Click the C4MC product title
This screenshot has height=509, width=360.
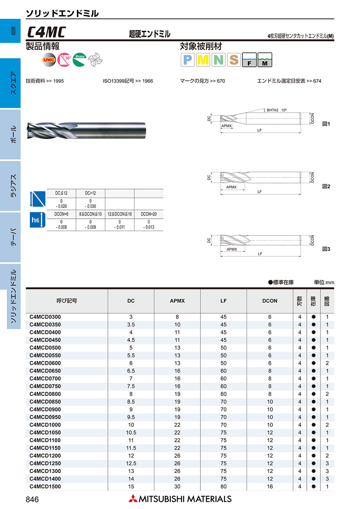[47, 32]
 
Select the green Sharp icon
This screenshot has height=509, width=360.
[79, 60]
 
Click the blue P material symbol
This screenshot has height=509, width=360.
[188, 60]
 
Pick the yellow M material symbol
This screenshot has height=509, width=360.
[203, 60]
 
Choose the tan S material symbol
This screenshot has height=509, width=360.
[234, 60]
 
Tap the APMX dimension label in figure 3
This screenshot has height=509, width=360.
[232, 249]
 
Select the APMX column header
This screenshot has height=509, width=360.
[177, 301]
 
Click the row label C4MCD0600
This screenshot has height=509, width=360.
[45, 363]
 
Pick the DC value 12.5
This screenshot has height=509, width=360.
[131, 463]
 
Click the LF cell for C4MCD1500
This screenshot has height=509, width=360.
[223, 487]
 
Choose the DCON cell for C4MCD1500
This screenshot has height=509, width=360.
[270, 487]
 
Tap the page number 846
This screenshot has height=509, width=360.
[32, 499]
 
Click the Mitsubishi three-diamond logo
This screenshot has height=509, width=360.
[132, 499]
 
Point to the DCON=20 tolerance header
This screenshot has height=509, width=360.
[149, 214]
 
